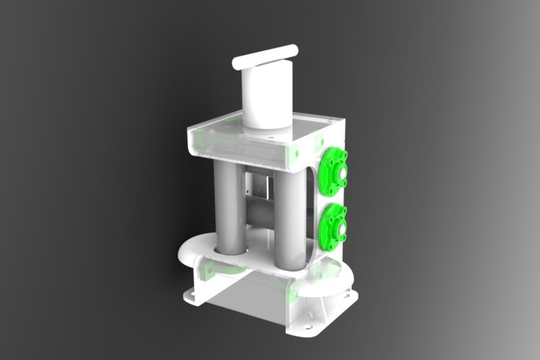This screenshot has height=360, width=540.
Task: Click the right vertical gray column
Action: (289, 217)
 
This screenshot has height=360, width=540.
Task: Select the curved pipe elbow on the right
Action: (330, 281)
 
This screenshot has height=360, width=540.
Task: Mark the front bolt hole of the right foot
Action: (307, 327)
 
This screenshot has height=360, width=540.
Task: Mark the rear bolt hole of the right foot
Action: (346, 301)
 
